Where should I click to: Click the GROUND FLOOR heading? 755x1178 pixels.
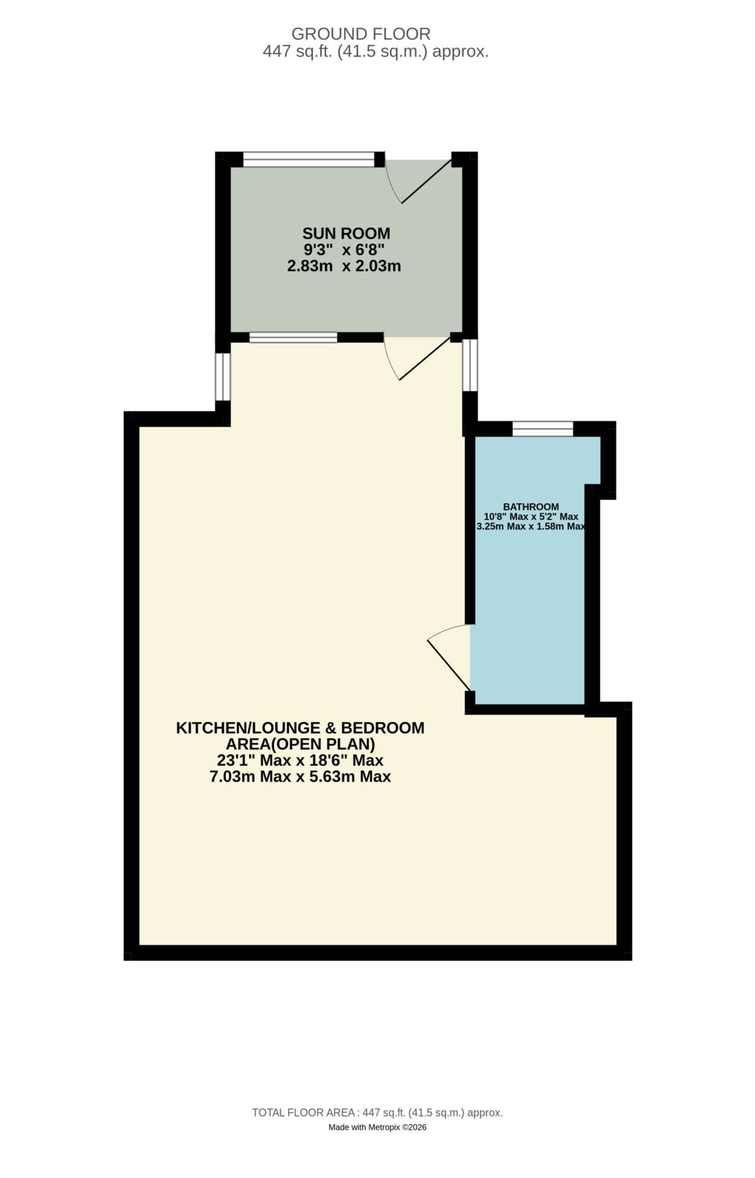(x=361, y=34)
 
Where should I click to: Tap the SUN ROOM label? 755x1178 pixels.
(x=346, y=233)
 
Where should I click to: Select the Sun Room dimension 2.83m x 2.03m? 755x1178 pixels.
(x=344, y=266)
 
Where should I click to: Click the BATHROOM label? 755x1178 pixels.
(x=531, y=507)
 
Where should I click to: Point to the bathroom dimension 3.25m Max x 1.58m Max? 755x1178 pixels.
(x=531, y=526)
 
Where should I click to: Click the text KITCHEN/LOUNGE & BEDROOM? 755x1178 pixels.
(x=301, y=728)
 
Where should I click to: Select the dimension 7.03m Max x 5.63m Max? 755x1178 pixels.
(x=301, y=777)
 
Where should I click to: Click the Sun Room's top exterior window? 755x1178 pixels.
(x=309, y=160)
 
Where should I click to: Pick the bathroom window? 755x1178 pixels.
(x=543, y=428)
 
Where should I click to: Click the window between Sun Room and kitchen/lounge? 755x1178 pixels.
(x=293, y=337)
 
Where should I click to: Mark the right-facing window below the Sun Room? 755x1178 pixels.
(x=470, y=365)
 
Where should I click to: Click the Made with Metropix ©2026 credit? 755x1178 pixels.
(x=378, y=1127)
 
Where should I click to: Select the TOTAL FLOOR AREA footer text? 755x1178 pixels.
(x=378, y=1112)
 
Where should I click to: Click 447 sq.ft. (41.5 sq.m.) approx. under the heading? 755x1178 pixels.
(x=376, y=52)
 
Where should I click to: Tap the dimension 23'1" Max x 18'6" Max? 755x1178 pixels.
(x=301, y=761)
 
